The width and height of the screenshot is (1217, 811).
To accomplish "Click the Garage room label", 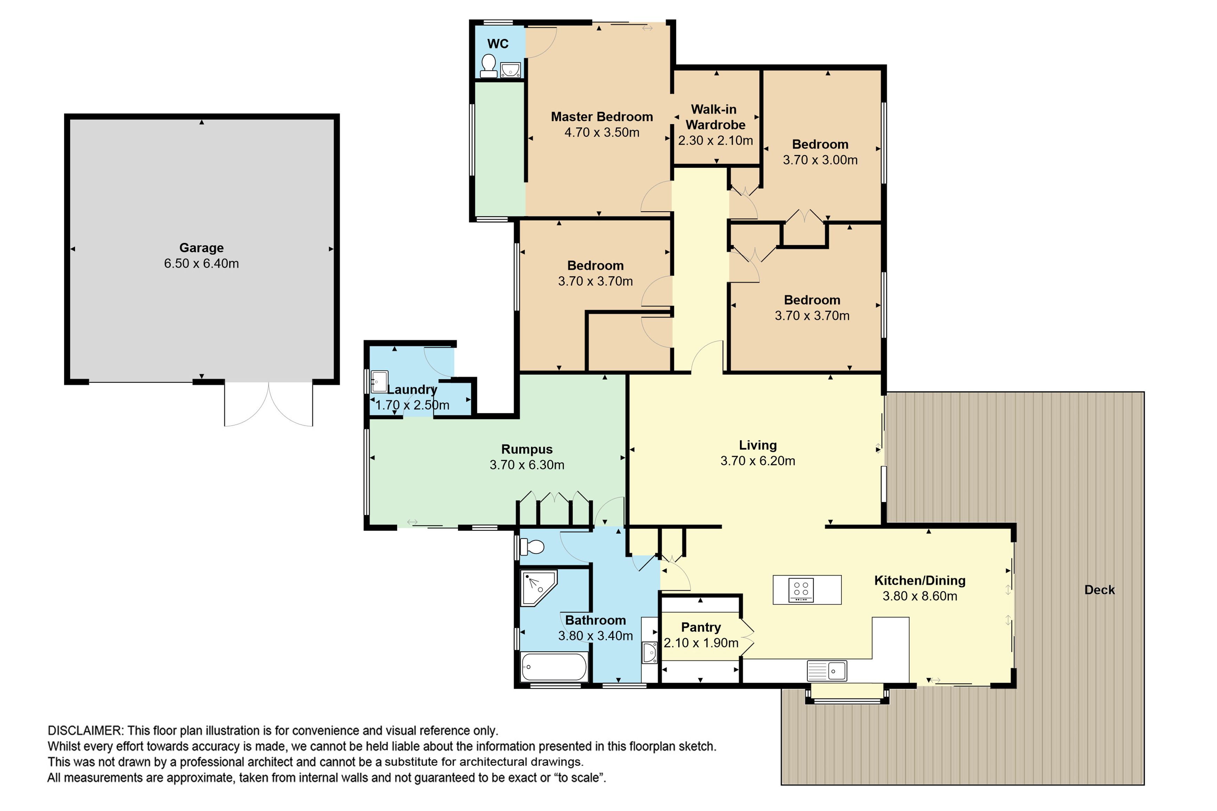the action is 201,248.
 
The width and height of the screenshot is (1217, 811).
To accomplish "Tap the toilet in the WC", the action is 488,66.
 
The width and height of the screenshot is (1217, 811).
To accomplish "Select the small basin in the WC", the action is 510,69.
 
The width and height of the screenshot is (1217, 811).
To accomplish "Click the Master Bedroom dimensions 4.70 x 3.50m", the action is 602,132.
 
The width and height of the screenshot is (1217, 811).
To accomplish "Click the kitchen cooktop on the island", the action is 801,589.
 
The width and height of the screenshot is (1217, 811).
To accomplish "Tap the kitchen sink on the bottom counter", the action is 827,671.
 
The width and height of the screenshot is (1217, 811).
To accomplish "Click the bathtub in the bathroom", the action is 554,667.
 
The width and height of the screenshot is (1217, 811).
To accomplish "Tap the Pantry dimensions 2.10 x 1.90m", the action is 701,643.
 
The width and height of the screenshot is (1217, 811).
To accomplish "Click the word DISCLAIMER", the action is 85,730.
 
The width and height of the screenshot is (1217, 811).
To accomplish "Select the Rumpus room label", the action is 526,449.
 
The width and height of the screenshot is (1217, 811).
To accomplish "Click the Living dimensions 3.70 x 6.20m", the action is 758,461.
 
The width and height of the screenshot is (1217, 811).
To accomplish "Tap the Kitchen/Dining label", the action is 920,580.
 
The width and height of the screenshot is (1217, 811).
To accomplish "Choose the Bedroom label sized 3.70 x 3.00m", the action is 820,144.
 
